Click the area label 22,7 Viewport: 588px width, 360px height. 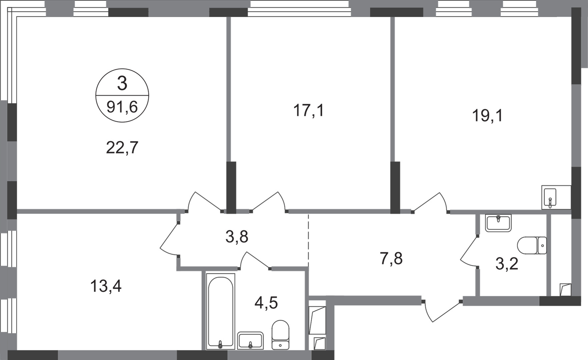click(x=122, y=148)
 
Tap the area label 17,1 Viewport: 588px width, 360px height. click(x=308, y=110)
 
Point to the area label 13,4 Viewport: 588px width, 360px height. click(x=106, y=286)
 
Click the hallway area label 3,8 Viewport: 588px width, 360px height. click(x=237, y=237)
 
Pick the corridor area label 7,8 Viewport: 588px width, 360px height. click(x=391, y=258)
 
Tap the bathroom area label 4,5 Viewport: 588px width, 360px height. click(x=266, y=303)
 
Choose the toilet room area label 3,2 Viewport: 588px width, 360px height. click(x=507, y=264)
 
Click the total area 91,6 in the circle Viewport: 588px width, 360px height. click(x=122, y=107)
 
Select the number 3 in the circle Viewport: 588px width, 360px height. click(x=122, y=83)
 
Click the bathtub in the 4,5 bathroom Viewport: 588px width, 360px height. click(x=220, y=311)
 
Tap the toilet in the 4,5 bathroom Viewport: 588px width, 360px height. click(x=280, y=335)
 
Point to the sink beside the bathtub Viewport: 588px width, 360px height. click(x=250, y=340)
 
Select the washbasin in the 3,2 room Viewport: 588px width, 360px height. click(x=498, y=223)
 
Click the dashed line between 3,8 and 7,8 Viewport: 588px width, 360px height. click(x=308, y=240)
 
